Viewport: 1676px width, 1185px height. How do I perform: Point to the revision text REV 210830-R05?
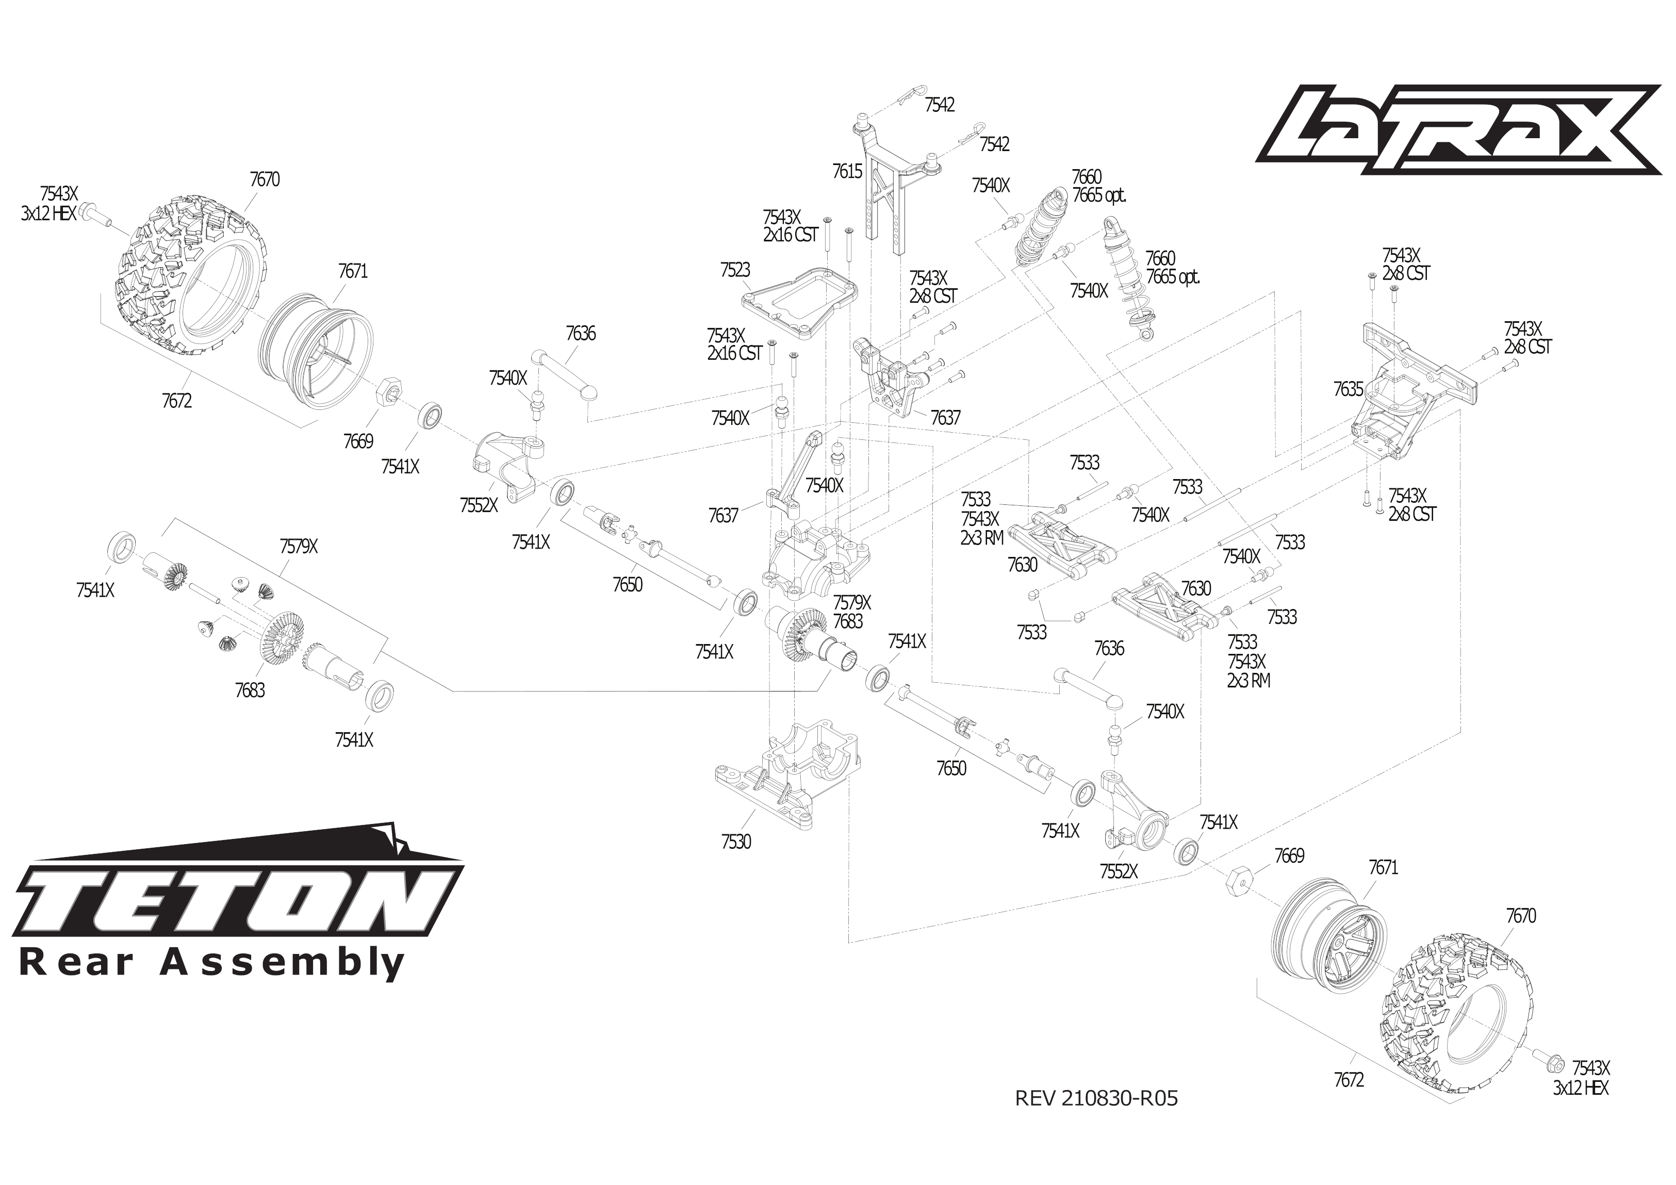pos(1096,1098)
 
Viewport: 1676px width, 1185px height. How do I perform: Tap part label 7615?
pos(847,172)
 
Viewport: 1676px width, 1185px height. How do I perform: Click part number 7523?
pos(734,270)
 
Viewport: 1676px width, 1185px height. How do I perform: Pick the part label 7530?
pos(736,842)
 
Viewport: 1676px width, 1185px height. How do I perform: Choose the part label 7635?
pos(1348,389)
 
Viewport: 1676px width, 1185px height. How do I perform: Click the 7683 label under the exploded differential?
pos(250,690)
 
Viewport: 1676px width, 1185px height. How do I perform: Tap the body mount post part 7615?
pos(885,190)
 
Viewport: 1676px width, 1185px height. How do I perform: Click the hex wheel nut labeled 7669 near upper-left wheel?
pos(386,394)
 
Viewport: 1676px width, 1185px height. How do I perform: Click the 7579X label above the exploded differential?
pos(298,546)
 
